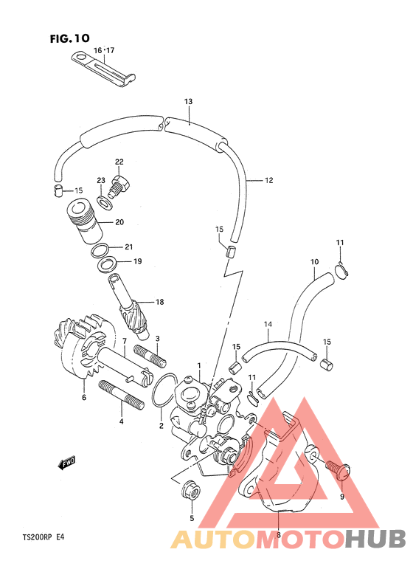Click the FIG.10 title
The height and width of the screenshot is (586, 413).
(70, 38)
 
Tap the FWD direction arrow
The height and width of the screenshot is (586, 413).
(66, 462)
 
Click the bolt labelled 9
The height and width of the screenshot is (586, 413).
(338, 468)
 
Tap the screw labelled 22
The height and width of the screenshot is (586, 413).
(119, 186)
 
